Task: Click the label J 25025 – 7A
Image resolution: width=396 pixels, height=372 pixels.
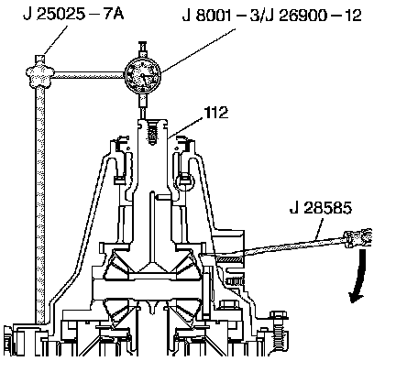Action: point(73,15)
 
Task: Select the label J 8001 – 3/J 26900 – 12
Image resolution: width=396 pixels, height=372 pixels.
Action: point(271,16)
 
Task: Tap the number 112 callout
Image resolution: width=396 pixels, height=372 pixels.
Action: point(216,113)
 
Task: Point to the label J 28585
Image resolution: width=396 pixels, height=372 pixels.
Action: point(321,208)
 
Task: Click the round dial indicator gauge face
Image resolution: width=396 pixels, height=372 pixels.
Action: point(143,74)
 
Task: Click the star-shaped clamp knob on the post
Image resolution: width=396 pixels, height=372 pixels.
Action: point(40,73)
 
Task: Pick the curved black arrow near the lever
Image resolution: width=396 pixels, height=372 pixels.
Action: point(358,276)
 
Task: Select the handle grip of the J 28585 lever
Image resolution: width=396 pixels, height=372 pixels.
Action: point(358,236)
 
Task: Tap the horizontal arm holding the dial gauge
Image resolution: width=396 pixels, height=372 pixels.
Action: point(89,75)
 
